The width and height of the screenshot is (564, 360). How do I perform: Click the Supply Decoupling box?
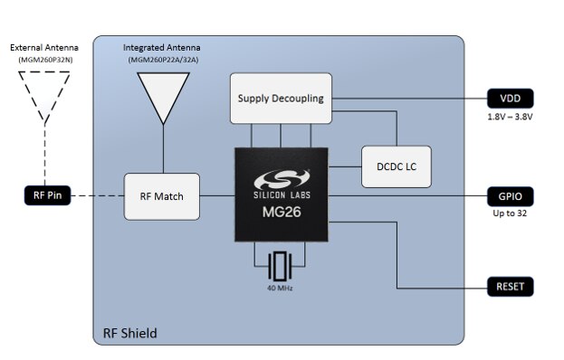click(x=280, y=98)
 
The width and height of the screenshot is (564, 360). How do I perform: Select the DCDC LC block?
click(x=395, y=166)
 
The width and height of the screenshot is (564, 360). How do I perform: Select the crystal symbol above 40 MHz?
click(x=281, y=266)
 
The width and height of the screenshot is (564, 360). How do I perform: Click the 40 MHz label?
click(x=281, y=289)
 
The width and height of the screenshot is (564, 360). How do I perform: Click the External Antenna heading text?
click(x=44, y=47)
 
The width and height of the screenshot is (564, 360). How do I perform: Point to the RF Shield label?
click(x=128, y=333)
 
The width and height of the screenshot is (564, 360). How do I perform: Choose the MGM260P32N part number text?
click(x=44, y=60)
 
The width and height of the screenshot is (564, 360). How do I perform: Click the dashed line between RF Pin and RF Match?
click(x=95, y=194)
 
